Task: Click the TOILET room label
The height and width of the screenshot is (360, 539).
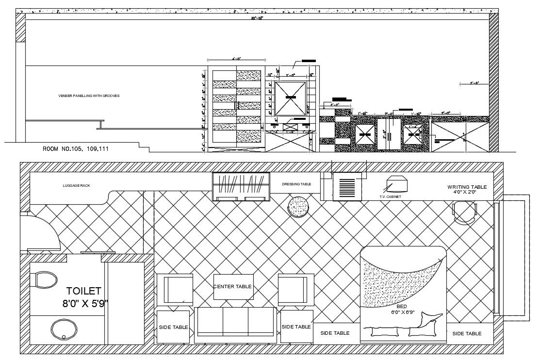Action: pos(84,291)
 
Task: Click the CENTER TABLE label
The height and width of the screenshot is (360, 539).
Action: pos(233,286)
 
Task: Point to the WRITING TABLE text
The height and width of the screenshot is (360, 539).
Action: pos(467,187)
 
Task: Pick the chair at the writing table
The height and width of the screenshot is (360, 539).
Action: pos(464,212)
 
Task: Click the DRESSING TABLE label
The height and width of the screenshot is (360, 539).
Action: pos(296,184)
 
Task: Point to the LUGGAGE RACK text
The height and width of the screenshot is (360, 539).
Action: pos(77,185)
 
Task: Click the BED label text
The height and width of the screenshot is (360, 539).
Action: pos(402,307)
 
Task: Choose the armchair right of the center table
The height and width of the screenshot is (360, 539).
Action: pos(294,289)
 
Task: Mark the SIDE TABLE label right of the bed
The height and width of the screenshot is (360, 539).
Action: pos(467,333)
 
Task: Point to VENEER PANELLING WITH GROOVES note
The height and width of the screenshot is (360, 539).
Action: pos(88,96)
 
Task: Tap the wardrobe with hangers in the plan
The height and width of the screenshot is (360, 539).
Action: pos(241,185)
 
